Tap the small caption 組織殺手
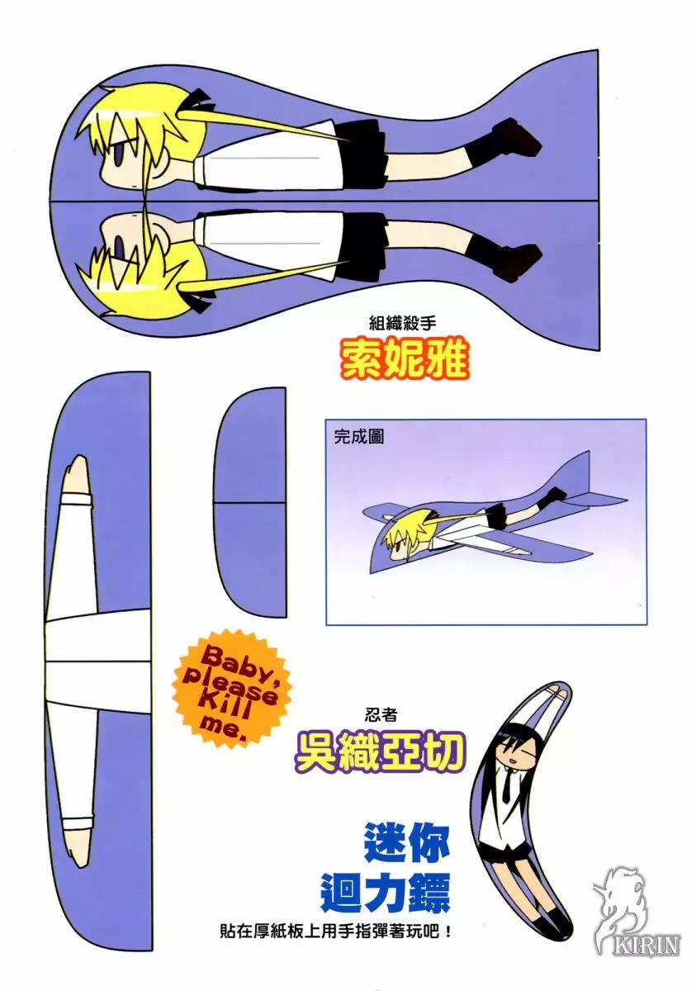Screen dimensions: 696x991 (x=403, y=324)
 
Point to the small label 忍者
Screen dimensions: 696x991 (x=381, y=715)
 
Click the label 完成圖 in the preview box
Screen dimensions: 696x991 (x=358, y=437)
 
